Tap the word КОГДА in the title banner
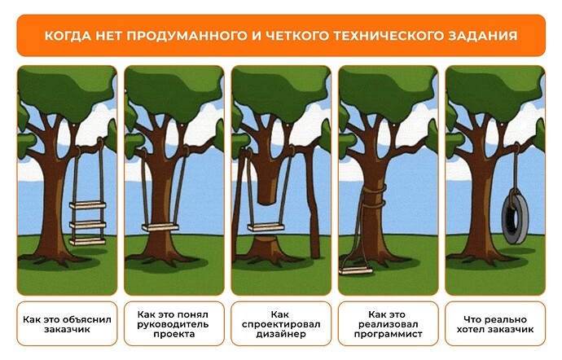(68, 36)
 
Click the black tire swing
(515, 217)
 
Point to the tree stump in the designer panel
(266, 248)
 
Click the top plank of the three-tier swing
(88, 205)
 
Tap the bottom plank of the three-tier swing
(88, 242)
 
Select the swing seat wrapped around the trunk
(160, 227)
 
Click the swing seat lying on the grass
(356, 270)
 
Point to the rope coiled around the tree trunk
(375, 197)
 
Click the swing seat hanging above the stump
(266, 227)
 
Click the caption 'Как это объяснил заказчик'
(67, 324)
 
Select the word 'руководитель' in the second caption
(173, 324)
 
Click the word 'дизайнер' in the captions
(281, 334)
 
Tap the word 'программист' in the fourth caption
(389, 334)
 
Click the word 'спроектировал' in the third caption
(281, 324)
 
